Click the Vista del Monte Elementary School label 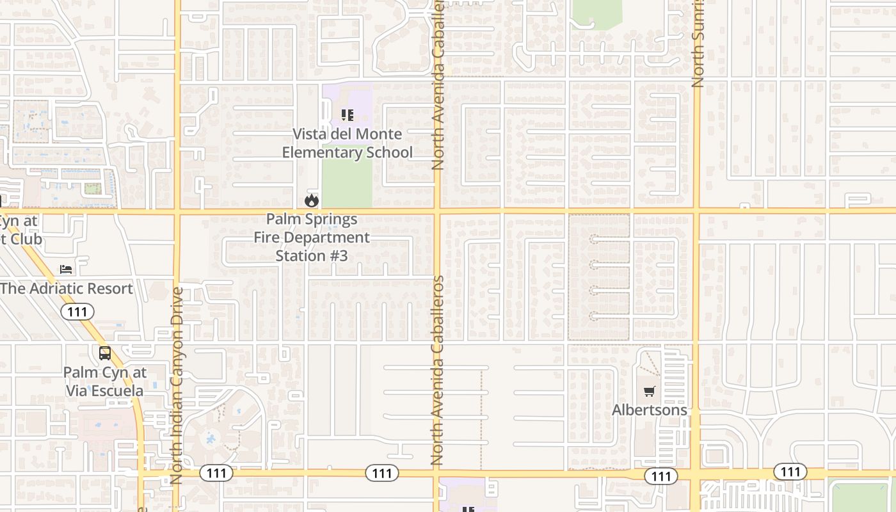[347, 143]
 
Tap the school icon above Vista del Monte [347, 115]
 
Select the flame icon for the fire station [312, 200]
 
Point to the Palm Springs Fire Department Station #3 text [312, 237]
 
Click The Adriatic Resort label [67, 289]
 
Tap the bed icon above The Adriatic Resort [66, 269]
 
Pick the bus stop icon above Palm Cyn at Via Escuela [105, 353]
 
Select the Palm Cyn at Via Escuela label [105, 381]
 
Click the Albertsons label [650, 410]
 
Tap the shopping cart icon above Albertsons [650, 391]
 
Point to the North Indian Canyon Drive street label [177, 385]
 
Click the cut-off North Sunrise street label [698, 44]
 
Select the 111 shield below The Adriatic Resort [77, 312]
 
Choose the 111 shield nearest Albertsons [660, 476]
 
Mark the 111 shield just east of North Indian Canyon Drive [216, 473]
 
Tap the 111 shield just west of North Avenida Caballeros [382, 473]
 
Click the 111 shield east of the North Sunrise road [790, 472]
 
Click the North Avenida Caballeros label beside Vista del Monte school [438, 84]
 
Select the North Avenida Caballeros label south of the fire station [438, 370]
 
